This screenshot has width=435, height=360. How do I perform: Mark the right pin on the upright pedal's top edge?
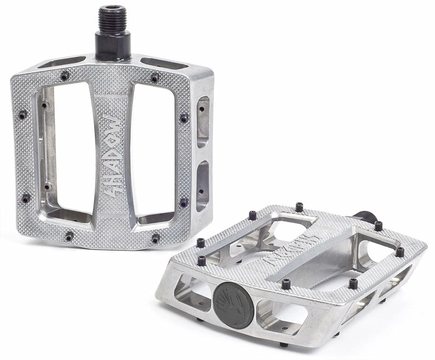click(155, 78)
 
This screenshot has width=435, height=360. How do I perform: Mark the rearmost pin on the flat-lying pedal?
click(299, 206)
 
